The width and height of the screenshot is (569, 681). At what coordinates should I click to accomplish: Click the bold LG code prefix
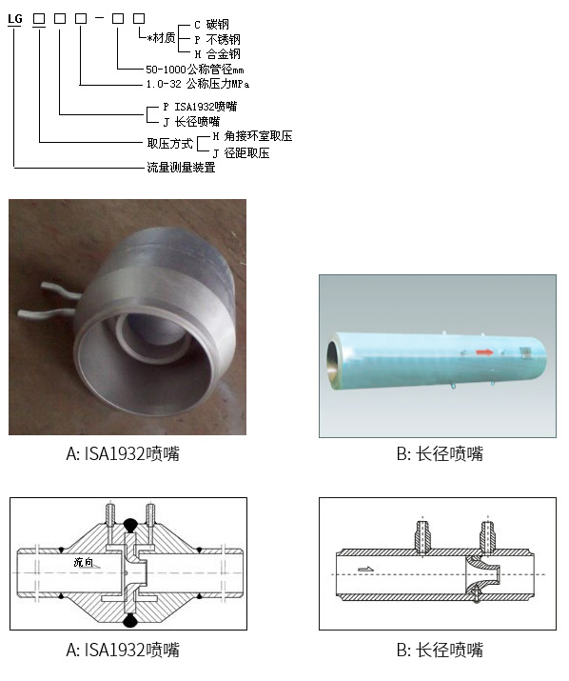coord(15,19)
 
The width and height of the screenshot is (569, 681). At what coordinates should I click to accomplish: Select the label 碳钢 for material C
coord(218,25)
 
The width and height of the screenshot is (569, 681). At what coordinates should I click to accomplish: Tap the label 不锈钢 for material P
coord(223,39)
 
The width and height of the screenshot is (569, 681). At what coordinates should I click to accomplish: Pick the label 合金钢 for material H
coord(223,54)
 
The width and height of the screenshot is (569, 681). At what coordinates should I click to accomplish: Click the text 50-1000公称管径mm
coord(195,70)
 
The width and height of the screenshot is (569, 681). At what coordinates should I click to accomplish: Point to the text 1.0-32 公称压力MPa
coord(198,84)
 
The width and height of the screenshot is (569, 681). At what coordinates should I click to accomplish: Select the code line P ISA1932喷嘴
coord(200,107)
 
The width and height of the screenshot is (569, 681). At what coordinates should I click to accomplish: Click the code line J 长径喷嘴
coord(191,122)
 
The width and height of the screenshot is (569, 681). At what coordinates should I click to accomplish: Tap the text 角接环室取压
coord(258,136)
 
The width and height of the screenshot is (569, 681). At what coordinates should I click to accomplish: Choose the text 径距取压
coord(247,153)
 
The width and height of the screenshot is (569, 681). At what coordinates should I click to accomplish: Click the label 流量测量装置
coord(181,168)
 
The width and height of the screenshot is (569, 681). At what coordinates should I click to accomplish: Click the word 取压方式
coord(169,143)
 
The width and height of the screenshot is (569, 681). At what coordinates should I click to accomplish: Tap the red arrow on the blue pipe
coord(484,352)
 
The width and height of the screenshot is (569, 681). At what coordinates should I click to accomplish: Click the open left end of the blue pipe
coord(333,360)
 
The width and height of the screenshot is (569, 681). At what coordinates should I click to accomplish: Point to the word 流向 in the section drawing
coord(84,562)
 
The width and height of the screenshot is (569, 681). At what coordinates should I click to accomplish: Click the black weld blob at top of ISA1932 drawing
coord(129,525)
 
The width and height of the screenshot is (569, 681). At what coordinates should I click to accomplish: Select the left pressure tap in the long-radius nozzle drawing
coord(422,536)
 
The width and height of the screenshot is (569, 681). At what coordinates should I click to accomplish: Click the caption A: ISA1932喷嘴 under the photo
coord(123,453)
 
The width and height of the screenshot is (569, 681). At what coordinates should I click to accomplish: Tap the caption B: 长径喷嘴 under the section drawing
coord(440,650)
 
